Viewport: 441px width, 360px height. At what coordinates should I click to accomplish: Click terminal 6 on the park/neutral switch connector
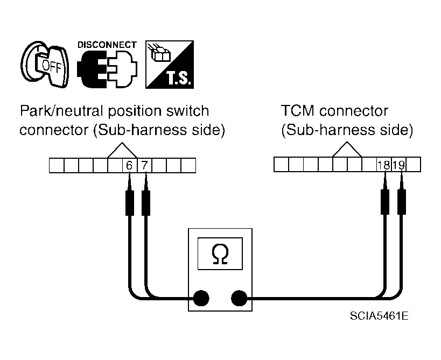[x=129, y=166]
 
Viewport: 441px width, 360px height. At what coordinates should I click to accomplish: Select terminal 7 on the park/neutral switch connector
[x=144, y=166]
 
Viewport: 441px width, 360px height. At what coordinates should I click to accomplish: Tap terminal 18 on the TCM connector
[x=384, y=165]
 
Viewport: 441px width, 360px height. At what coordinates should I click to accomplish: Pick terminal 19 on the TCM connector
[x=399, y=165]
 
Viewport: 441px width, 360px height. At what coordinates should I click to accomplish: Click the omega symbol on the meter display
[x=220, y=254]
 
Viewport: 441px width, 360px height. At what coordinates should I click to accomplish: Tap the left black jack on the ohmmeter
[x=201, y=298]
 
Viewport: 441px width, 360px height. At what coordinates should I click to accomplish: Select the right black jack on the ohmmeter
[x=239, y=298]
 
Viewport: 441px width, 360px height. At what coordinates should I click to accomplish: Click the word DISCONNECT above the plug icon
[x=107, y=45]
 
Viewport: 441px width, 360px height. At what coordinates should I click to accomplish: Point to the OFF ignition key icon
[x=45, y=65]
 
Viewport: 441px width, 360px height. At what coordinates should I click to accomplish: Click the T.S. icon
[x=170, y=65]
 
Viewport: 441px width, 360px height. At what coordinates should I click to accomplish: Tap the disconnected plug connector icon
[x=107, y=69]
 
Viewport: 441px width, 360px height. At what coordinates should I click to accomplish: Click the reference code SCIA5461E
[x=379, y=316]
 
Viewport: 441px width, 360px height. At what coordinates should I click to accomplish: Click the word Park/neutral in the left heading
[x=61, y=111]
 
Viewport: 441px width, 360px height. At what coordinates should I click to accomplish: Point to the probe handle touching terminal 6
[x=130, y=203]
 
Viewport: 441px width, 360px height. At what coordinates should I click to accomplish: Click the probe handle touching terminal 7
[x=146, y=203]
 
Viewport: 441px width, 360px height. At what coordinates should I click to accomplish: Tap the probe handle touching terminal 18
[x=385, y=202]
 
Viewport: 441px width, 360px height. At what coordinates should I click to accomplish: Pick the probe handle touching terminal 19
[x=402, y=202]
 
